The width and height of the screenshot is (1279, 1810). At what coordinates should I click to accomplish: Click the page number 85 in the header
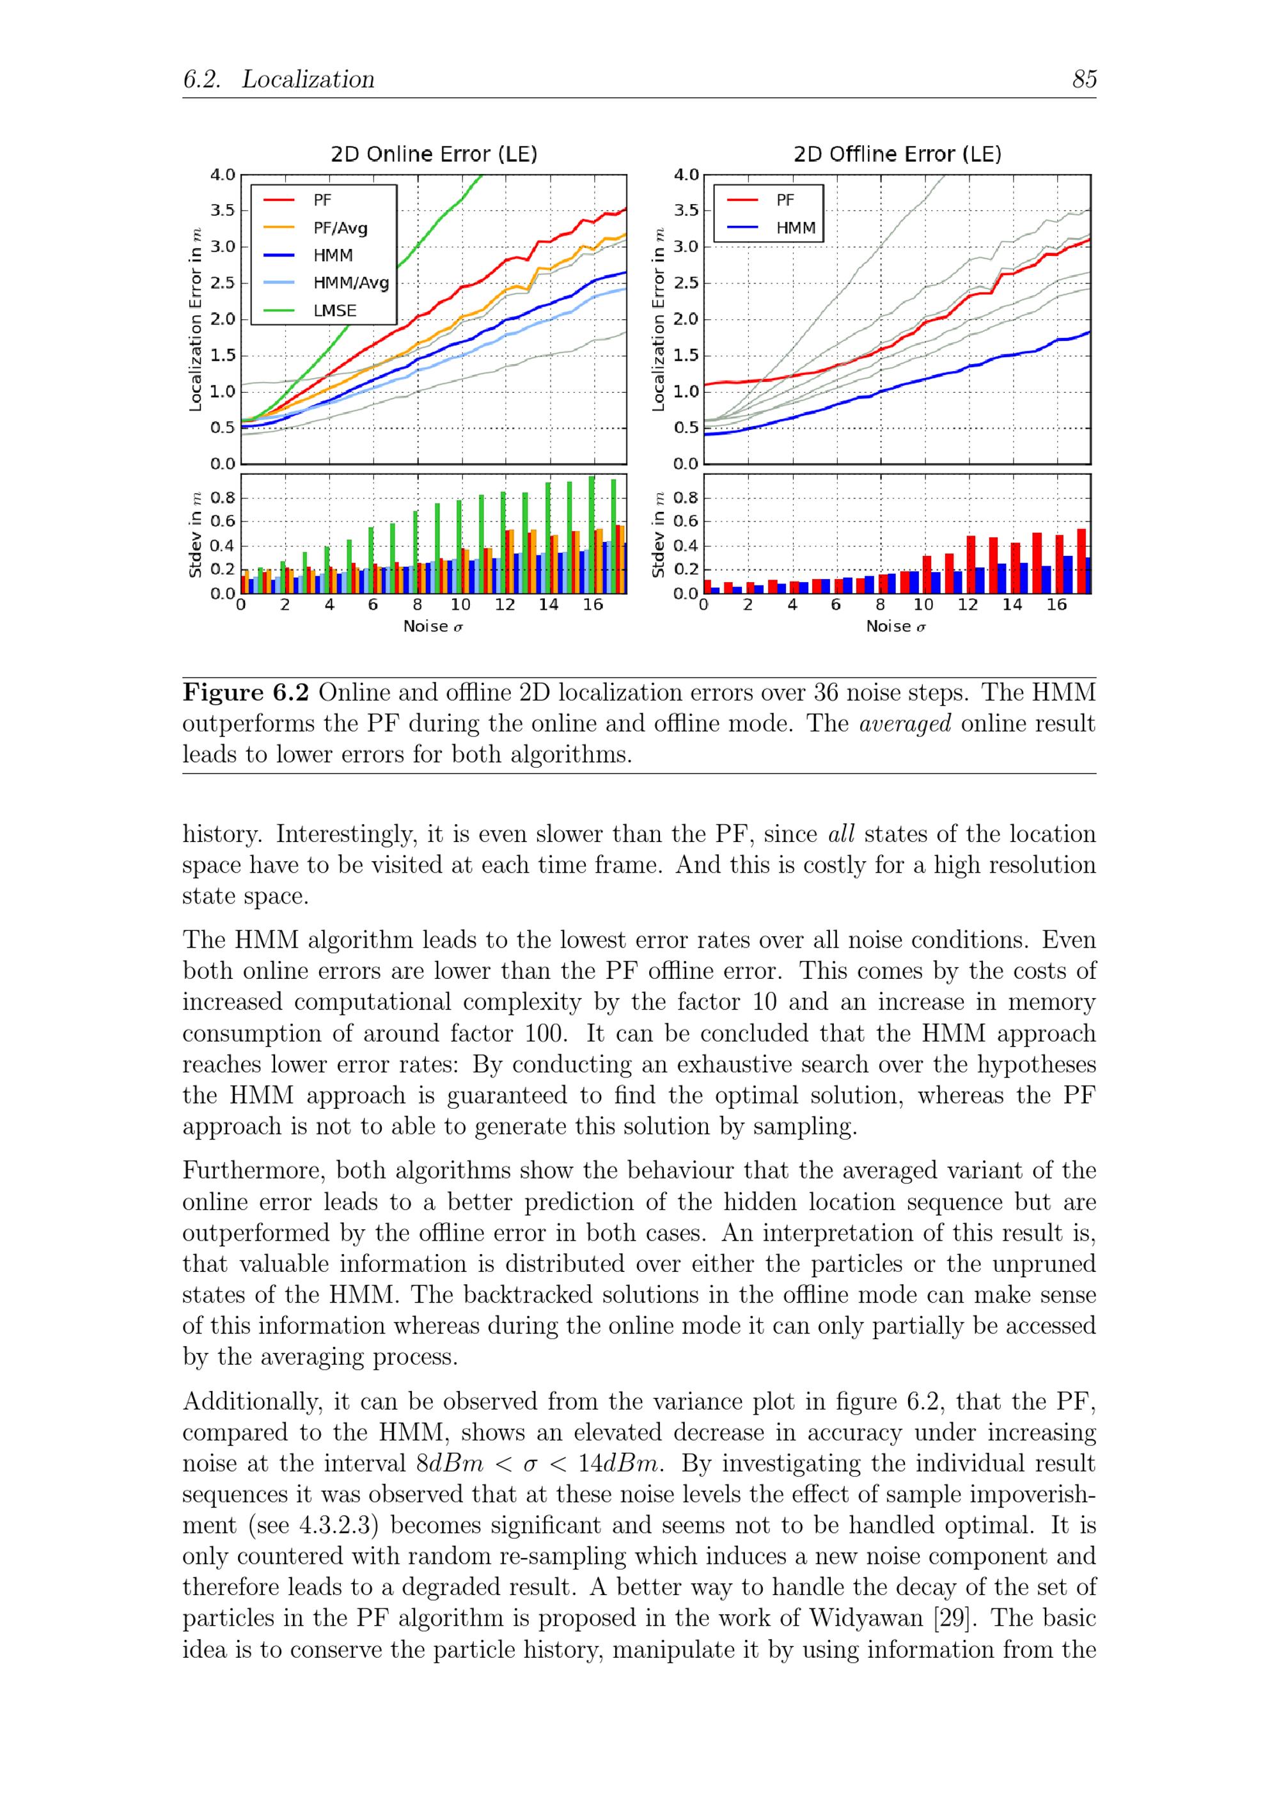1083,79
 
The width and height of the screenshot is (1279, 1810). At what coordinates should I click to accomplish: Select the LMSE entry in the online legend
334,310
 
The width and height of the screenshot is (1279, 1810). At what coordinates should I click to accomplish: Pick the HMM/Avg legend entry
350,283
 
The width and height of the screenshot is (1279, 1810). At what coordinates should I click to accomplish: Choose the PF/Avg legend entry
340,228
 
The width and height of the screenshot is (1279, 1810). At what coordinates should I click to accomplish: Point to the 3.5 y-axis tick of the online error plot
223,210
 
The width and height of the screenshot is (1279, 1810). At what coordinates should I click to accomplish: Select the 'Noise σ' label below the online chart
433,627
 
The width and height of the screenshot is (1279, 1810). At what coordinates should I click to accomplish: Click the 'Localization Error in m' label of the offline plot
659,319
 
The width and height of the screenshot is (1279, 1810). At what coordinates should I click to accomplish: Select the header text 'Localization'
308,79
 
